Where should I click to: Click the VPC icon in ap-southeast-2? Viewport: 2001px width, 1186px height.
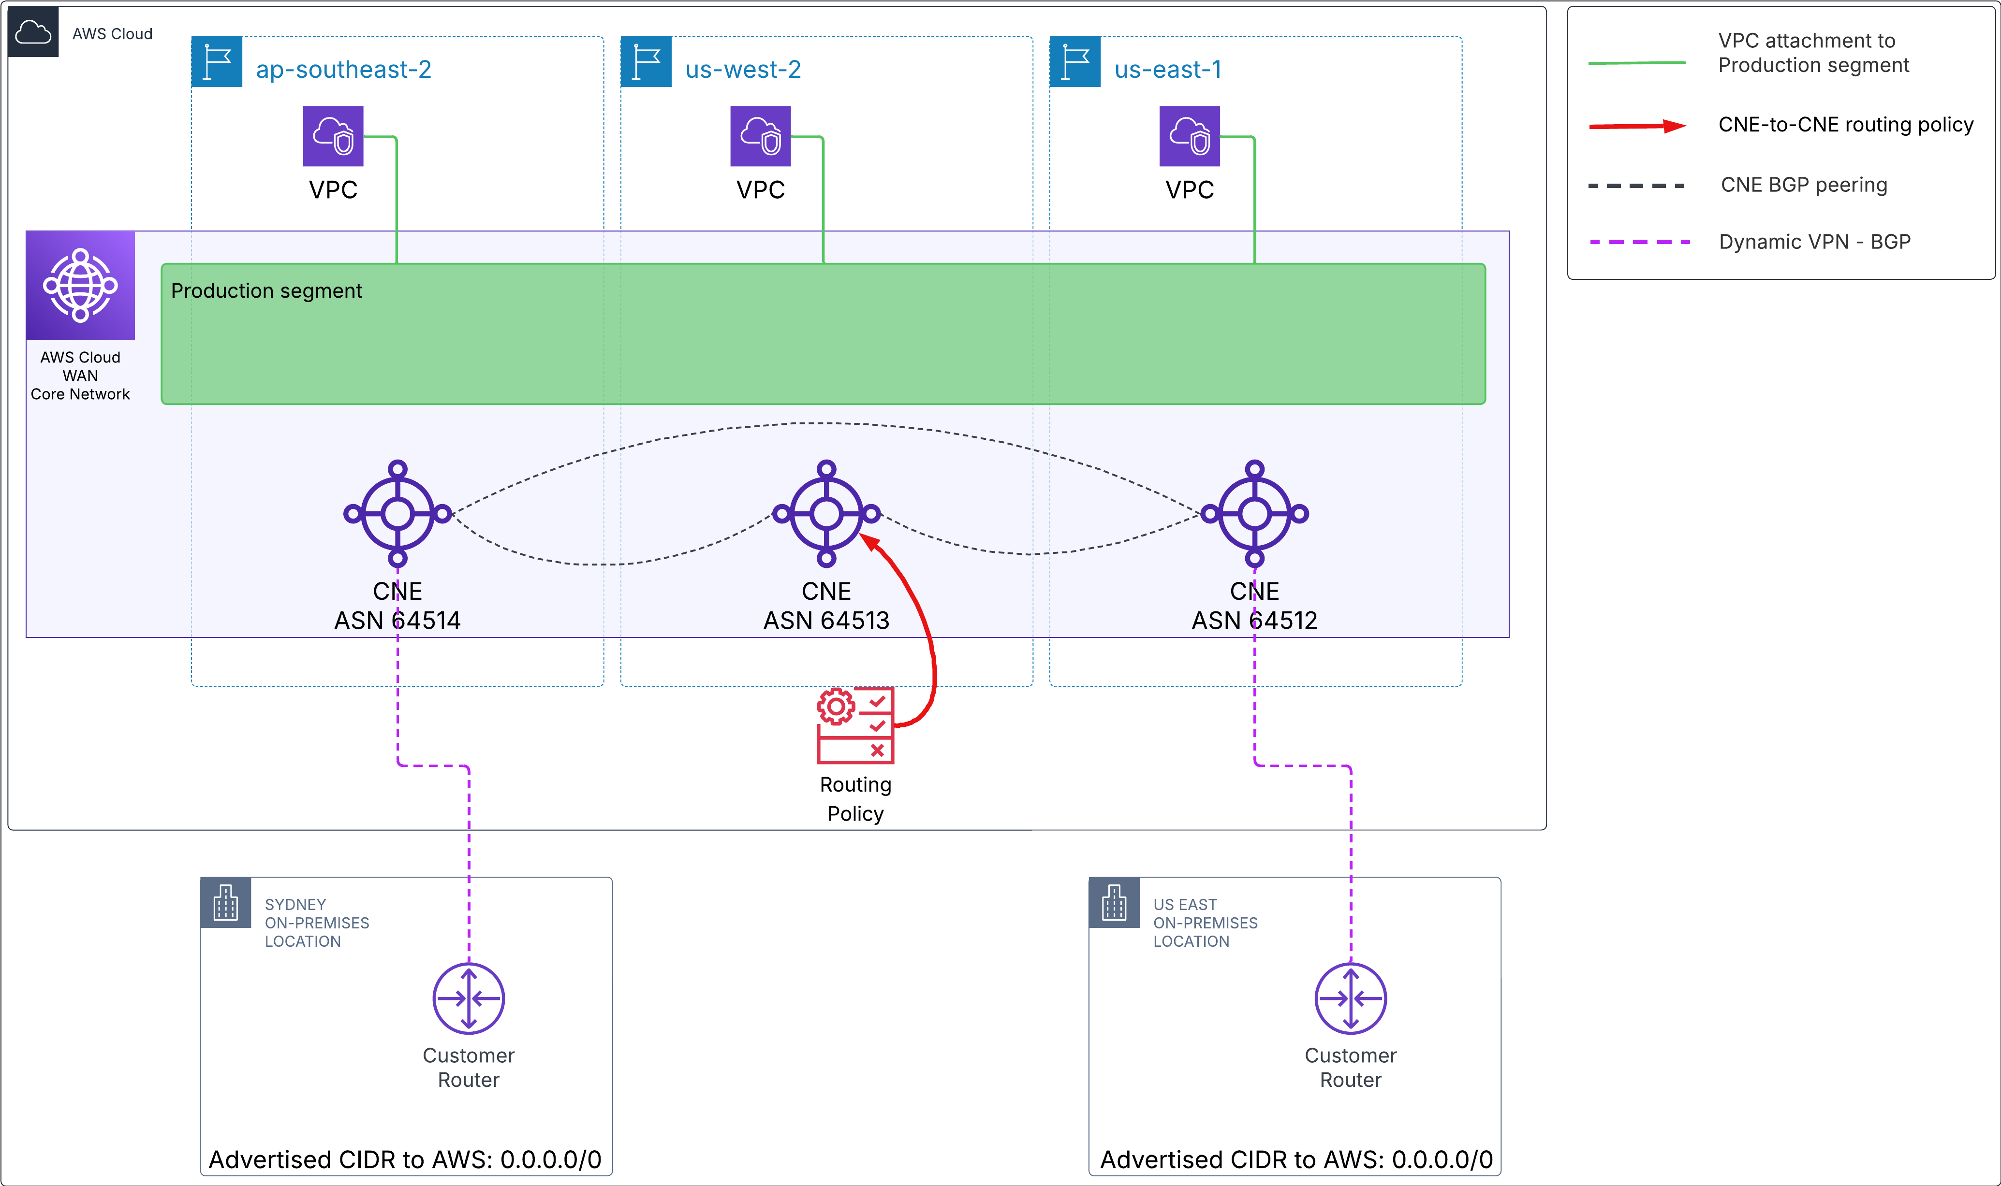[x=333, y=136]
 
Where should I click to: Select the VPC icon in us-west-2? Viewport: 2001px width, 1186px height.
[x=760, y=136]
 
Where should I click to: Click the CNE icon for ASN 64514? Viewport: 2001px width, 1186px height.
[x=397, y=513]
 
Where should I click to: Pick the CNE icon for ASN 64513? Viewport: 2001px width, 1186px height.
[x=826, y=513]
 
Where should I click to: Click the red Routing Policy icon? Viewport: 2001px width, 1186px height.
[x=854, y=725]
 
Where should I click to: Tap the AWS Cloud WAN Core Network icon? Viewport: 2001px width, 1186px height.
[x=80, y=285]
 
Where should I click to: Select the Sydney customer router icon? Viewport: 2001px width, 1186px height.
[x=469, y=998]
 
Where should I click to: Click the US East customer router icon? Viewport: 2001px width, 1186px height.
[x=1350, y=998]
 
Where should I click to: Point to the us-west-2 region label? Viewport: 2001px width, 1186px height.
[x=743, y=70]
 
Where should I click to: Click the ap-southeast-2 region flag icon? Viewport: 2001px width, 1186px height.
[x=217, y=61]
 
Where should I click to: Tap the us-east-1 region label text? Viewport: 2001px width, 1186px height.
[x=1167, y=70]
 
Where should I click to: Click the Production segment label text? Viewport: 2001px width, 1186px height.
[x=266, y=291]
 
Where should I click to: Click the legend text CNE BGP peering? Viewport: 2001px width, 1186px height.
[x=1804, y=185]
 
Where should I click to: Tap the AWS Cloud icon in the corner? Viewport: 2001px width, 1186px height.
[x=33, y=32]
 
